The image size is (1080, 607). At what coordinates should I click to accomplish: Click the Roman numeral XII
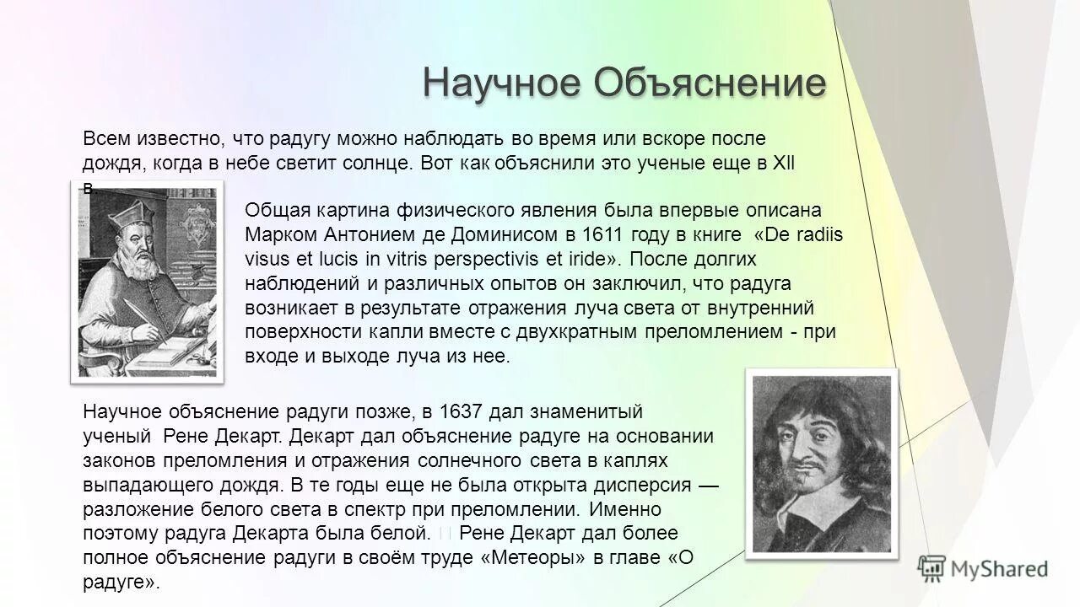(x=785, y=162)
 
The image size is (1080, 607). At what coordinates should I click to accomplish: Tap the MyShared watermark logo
(x=983, y=567)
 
